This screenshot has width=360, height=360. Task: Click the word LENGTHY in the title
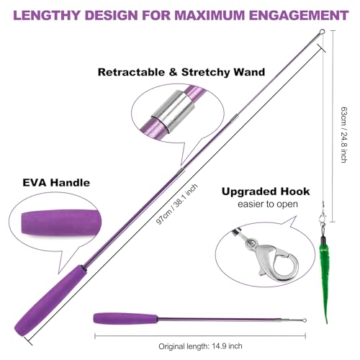(47, 15)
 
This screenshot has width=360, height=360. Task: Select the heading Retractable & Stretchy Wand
(181, 72)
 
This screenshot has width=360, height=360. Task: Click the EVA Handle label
(56, 183)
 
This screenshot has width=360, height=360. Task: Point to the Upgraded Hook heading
(266, 192)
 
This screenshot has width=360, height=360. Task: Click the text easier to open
(268, 204)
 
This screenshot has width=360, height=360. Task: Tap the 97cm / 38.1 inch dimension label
(177, 204)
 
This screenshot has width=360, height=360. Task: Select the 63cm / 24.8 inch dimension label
(344, 135)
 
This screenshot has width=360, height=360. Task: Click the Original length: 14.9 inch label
(200, 346)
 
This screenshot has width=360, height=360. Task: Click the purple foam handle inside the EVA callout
(61, 222)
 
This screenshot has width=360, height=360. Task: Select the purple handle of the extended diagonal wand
(49, 302)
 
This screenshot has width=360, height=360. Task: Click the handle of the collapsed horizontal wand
(125, 319)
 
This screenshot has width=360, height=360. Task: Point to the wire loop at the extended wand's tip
(322, 32)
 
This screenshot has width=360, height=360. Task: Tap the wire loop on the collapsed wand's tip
(304, 320)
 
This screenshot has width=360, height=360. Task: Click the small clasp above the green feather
(323, 217)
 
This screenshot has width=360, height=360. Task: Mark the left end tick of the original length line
(95, 336)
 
